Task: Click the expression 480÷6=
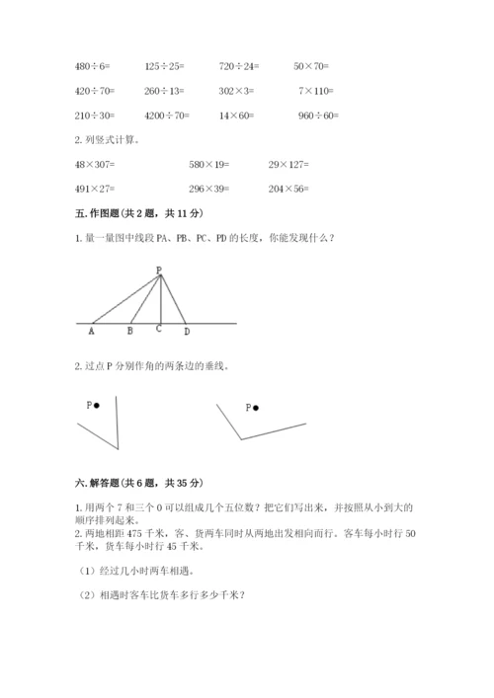click(93, 66)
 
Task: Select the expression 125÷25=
click(163, 66)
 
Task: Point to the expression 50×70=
click(312, 66)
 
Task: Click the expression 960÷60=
click(317, 116)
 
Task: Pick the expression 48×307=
click(95, 164)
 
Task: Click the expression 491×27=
click(95, 189)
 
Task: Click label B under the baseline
click(130, 332)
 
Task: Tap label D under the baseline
click(187, 332)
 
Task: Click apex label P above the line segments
click(158, 270)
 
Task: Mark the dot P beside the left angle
click(97, 405)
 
